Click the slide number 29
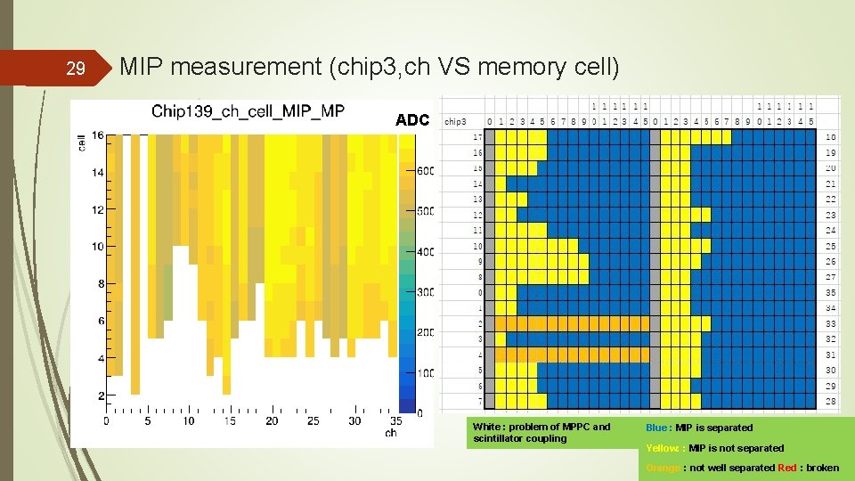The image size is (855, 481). (77, 69)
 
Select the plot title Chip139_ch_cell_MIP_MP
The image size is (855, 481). (248, 111)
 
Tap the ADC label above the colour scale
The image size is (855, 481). (412, 120)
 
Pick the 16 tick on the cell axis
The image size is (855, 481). (97, 135)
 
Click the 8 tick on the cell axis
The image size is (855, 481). (100, 284)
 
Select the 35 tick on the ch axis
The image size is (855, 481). (396, 420)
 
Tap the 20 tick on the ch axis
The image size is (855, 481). (272, 420)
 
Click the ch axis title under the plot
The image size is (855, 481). (391, 433)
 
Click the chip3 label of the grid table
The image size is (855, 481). (455, 121)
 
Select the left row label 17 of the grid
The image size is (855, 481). (477, 137)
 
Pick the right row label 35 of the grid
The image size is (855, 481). (830, 292)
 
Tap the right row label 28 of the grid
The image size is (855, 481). (830, 402)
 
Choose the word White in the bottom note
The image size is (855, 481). (488, 427)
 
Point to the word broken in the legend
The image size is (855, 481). (822, 468)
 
